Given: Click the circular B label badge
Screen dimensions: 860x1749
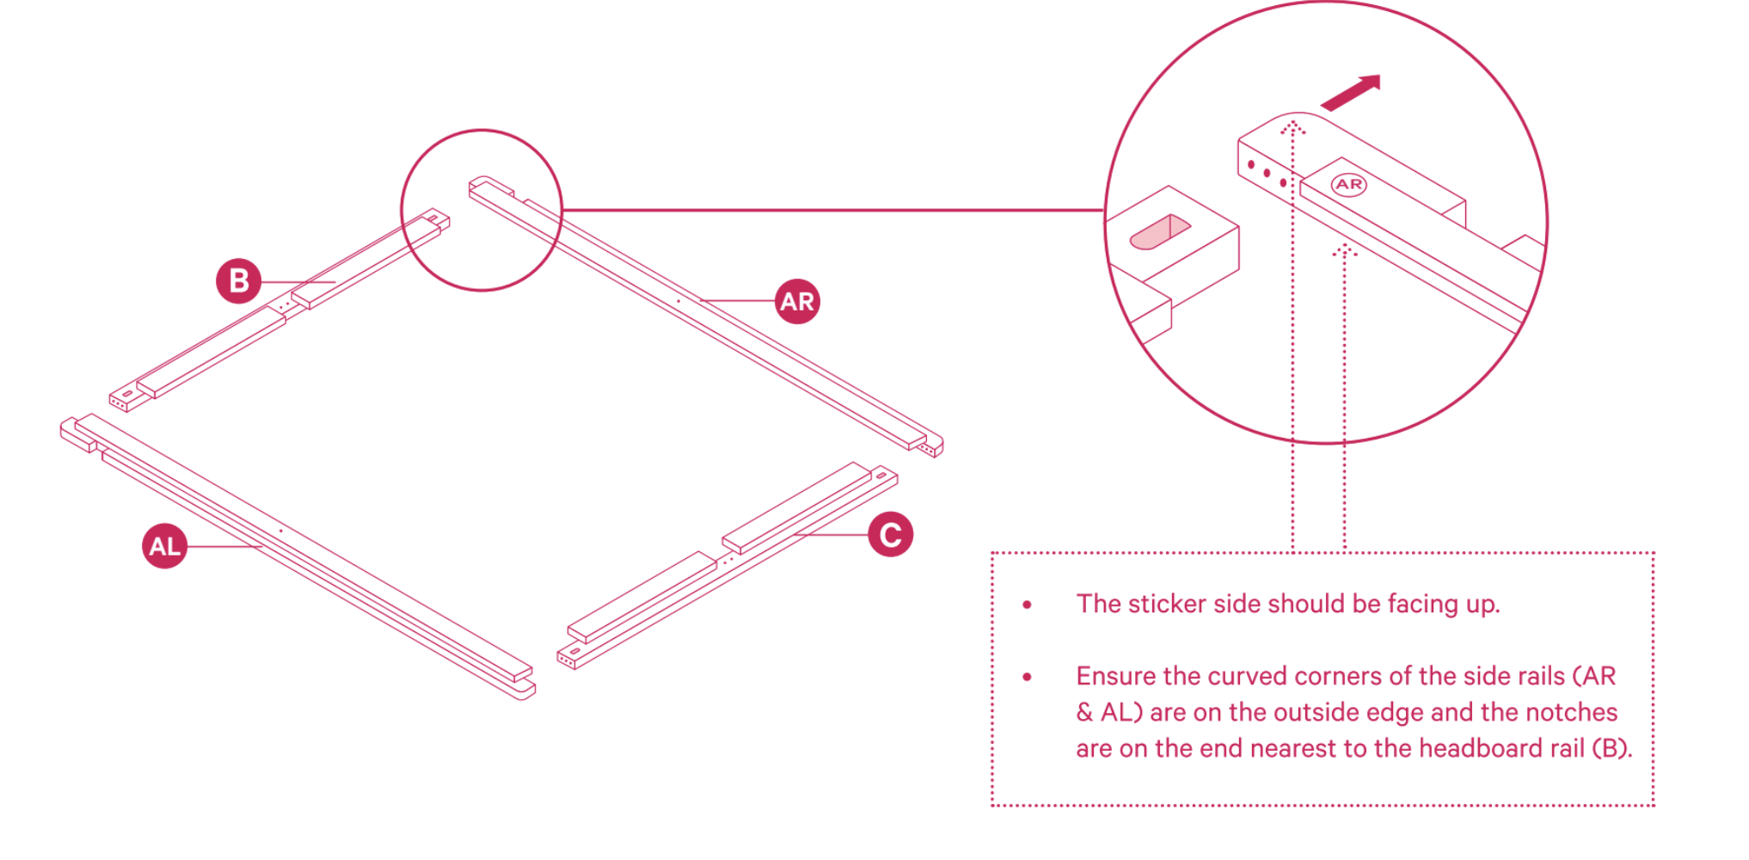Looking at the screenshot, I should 238,281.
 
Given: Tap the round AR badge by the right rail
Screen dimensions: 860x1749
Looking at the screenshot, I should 797,301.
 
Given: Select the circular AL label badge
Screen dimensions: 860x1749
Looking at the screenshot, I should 164,546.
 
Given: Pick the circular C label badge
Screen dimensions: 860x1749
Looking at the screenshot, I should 890,534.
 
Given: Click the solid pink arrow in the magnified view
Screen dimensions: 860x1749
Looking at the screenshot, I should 1351,93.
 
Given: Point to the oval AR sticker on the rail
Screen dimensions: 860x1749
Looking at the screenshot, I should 1348,184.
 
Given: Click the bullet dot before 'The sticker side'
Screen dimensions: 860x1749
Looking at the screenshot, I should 1027,605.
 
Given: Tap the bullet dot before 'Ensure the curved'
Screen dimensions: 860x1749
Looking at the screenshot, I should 1027,677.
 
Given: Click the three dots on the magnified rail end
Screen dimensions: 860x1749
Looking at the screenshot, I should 1267,173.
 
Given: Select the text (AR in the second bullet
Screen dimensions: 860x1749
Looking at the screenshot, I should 1594,676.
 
